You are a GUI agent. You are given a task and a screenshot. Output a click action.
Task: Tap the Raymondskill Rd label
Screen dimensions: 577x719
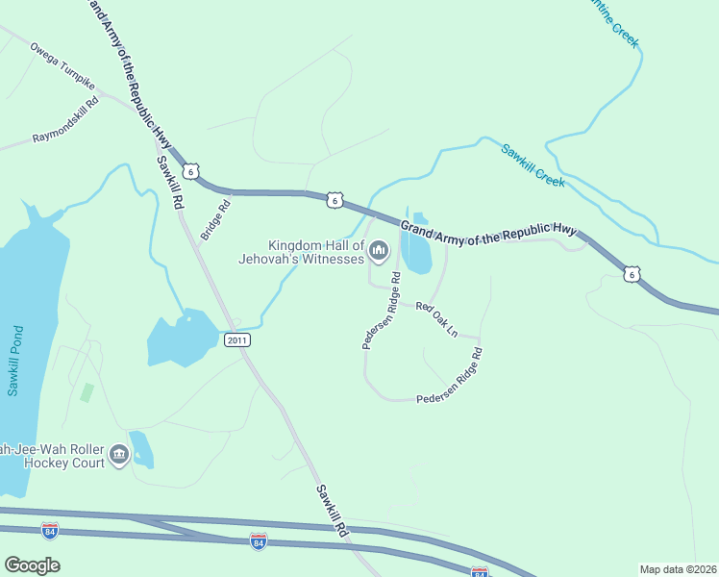point(65,122)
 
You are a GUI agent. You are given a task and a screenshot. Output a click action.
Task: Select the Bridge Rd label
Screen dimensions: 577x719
point(216,219)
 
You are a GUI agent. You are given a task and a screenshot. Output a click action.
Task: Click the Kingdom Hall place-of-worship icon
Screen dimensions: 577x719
point(380,252)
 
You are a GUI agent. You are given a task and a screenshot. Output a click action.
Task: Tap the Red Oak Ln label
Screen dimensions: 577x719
point(436,319)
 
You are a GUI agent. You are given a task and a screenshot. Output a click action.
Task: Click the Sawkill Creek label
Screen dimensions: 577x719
point(532,163)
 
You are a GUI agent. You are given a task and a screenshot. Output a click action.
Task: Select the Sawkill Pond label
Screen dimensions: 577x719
point(14,361)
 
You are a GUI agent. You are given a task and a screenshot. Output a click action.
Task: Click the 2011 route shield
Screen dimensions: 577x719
point(236,340)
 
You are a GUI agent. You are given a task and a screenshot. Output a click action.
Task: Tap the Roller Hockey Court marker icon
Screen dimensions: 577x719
point(119,454)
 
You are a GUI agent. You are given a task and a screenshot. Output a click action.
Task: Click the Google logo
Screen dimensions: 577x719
point(32,565)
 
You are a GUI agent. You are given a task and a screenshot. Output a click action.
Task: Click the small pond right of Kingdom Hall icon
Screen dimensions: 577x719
point(417,245)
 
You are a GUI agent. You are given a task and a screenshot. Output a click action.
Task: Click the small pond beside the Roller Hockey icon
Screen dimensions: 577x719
point(141,449)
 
